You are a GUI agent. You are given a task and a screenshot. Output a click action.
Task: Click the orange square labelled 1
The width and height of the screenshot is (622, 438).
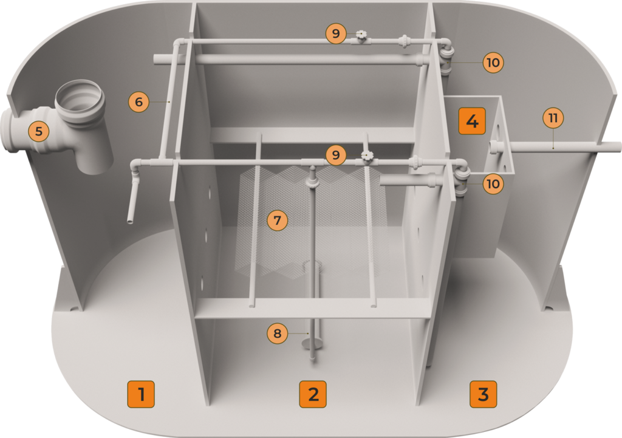[141, 394]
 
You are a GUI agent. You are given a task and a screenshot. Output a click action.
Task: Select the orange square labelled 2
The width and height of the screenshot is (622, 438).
[313, 394]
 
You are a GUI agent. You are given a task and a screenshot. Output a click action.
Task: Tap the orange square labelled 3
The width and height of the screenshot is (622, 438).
[483, 394]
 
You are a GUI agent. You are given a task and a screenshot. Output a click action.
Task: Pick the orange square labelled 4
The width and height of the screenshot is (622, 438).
[472, 121]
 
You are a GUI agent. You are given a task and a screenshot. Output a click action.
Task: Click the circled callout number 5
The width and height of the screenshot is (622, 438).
[38, 131]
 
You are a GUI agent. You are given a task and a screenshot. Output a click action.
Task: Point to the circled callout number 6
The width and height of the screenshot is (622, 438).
[139, 102]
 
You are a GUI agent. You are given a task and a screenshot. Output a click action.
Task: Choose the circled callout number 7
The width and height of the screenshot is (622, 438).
[277, 220]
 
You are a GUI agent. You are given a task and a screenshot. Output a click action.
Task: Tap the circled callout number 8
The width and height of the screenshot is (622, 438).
[277, 334]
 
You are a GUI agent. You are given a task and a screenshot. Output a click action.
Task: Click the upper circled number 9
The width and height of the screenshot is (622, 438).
[336, 33]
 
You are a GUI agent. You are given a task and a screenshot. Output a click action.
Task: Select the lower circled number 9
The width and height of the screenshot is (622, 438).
[336, 155]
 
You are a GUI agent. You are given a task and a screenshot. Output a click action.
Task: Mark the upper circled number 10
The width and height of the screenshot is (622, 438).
[493, 63]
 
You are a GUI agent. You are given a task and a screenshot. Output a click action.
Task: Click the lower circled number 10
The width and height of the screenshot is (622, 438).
[493, 183]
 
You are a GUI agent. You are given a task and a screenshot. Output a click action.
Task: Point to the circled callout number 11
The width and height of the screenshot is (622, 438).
[553, 118]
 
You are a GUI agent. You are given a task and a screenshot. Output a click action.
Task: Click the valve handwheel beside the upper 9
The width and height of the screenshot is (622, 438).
[361, 35]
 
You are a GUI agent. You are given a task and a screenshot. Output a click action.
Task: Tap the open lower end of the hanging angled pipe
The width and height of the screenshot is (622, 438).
[130, 221]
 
